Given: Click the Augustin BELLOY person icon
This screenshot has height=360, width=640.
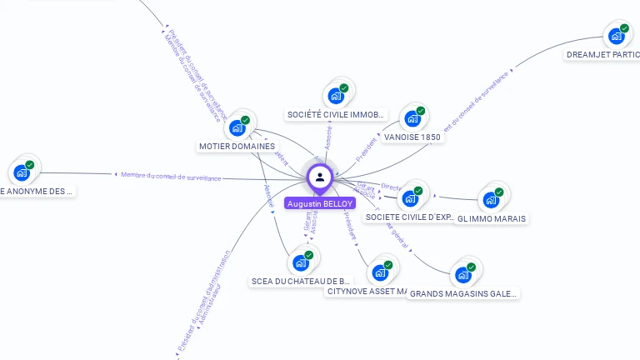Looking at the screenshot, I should tap(320, 177).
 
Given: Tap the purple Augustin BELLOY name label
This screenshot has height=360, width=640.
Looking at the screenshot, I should tap(320, 203).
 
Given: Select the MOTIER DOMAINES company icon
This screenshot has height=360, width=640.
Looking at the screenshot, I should tap(237, 127).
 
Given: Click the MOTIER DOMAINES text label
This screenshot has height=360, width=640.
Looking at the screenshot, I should tap(237, 147).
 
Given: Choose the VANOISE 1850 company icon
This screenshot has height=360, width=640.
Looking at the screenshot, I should tap(412, 119).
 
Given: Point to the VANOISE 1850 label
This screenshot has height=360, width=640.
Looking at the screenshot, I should tap(412, 137).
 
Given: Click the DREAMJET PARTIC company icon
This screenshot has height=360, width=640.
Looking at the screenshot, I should tap(617, 36).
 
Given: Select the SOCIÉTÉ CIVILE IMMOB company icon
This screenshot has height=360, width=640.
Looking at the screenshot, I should tap(336, 96).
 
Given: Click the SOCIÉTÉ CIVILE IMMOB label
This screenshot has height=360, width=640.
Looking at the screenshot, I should tap(336, 114).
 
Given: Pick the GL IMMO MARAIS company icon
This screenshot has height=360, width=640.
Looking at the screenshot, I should tap(491, 200).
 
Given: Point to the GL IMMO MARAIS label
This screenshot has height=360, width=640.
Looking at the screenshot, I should tap(492, 218).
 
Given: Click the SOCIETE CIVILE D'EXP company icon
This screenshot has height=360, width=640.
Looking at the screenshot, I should tap(410, 198).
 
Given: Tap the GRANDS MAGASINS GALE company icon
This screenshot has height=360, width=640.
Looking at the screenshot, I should tap(462, 275).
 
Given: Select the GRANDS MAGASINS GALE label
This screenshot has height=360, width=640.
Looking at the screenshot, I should tap(464, 293).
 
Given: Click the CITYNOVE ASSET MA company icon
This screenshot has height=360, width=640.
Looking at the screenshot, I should tap(380, 272).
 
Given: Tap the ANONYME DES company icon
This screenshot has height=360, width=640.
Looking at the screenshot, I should tap(21, 172).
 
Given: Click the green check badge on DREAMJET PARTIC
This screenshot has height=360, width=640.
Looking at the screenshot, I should tap(624, 28).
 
